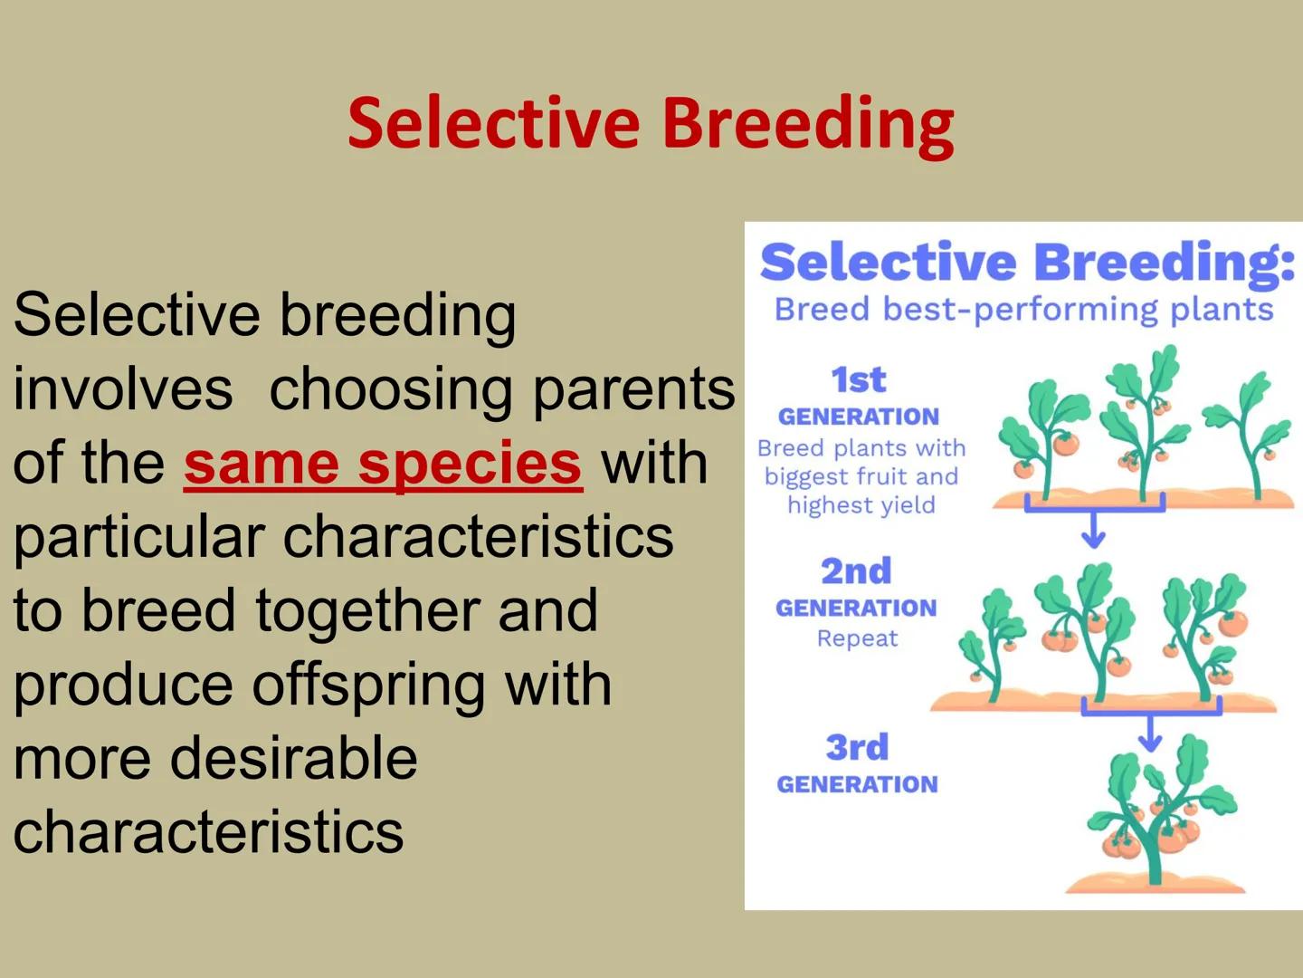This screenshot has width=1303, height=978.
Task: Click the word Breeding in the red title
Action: pyautogui.click(x=807, y=124)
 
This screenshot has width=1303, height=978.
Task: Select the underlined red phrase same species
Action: pyautogui.click(x=383, y=463)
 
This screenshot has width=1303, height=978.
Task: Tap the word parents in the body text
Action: pyautogui.click(x=633, y=389)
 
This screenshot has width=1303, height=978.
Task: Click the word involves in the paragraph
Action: pyautogui.click(x=123, y=389)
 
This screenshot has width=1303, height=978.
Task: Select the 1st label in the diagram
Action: pyautogui.click(x=858, y=380)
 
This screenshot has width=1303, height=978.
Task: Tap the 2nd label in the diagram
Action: pyautogui.click(x=856, y=571)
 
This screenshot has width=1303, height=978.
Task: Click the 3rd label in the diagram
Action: pyautogui.click(x=857, y=748)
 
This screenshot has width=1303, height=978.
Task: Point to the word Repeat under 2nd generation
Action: pyautogui.click(x=857, y=638)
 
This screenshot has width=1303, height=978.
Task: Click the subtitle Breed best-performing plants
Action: pyautogui.click(x=1023, y=310)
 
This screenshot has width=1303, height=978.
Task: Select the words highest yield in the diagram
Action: pyautogui.click(x=861, y=505)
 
